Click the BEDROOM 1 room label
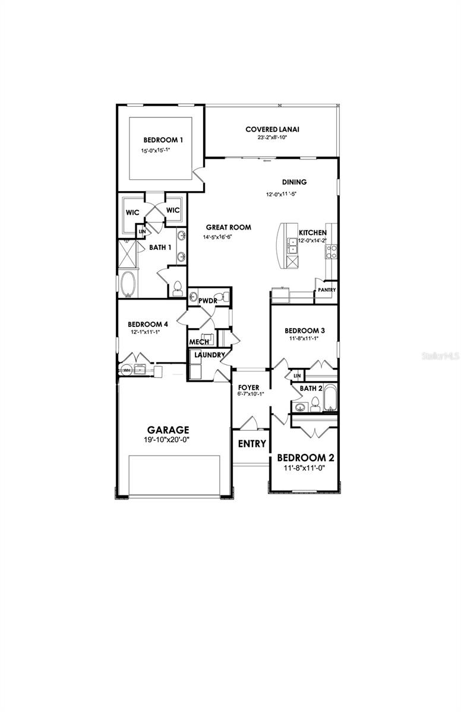click(x=162, y=140)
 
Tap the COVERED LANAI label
click(x=272, y=129)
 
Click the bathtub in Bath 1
click(x=128, y=284)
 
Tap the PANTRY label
click(x=327, y=290)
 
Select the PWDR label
click(x=207, y=301)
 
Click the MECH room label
click(x=198, y=342)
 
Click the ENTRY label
click(x=252, y=443)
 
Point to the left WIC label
click(x=132, y=212)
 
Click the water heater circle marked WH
click(x=125, y=370)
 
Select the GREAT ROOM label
click(x=228, y=227)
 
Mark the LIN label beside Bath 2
click(x=297, y=376)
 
